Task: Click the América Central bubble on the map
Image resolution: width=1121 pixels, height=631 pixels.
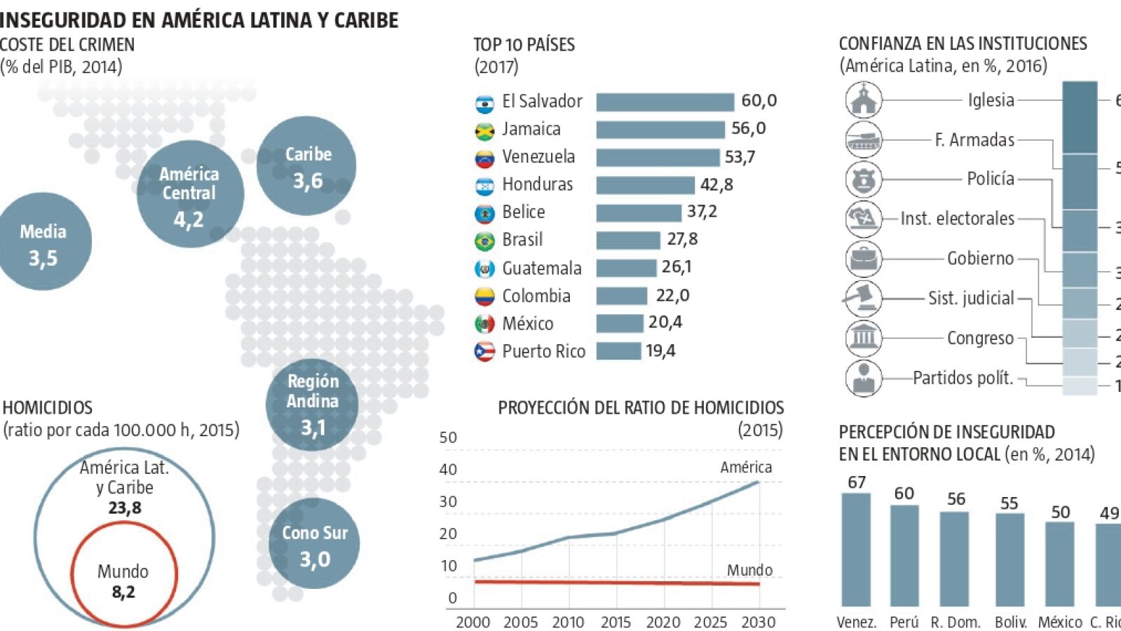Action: [190, 194]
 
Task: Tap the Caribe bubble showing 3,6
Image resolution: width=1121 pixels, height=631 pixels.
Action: [307, 166]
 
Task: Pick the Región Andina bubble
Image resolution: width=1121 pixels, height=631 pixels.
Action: [312, 405]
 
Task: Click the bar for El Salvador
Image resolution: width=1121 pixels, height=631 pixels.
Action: [665, 102]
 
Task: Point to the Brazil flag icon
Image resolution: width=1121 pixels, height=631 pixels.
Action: [484, 240]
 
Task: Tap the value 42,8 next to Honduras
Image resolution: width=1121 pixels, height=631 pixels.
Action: [716, 184]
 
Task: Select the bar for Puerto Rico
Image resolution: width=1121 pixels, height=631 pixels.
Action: [618, 351]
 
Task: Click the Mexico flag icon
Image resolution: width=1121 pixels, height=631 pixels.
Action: [484, 323]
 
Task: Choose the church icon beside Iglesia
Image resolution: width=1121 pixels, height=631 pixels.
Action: [864, 100]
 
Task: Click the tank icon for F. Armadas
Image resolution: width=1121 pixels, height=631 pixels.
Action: [864, 140]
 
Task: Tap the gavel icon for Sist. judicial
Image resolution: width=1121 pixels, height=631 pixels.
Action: [862, 298]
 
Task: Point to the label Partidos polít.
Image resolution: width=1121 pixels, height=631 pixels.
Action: [963, 378]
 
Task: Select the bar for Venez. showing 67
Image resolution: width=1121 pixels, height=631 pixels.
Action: [856, 549]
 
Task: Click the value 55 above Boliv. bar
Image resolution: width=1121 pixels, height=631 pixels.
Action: [1009, 503]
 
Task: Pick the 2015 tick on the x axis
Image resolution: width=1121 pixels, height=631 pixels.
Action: [616, 622]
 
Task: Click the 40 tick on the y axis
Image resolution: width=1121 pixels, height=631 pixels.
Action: [448, 470]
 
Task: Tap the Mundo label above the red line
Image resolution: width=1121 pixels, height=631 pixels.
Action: [749, 570]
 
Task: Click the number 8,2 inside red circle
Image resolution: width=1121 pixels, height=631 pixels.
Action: [123, 592]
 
